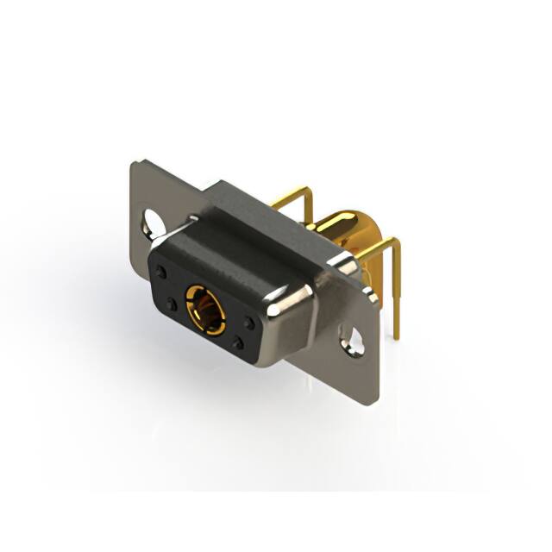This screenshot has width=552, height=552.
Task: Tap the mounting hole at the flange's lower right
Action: [351, 338]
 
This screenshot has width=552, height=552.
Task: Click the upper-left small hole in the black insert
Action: [161, 272]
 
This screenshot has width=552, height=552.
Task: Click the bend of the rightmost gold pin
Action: [394, 245]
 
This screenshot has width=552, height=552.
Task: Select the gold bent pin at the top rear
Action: [298, 191]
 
